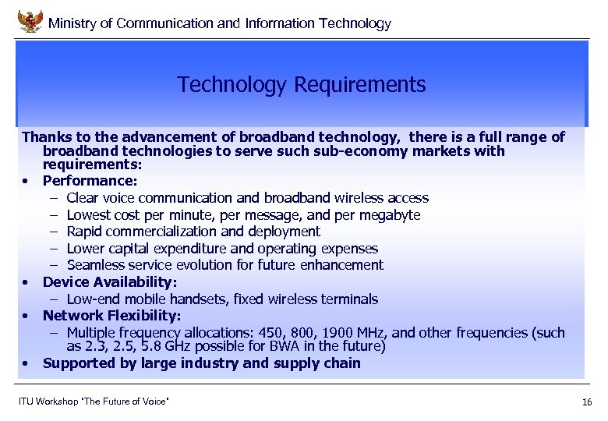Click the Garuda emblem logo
click(30, 20)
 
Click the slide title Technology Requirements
click(301, 84)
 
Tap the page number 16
click(587, 402)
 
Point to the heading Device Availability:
click(110, 281)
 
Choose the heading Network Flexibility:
click(111, 315)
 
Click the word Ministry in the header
click(72, 23)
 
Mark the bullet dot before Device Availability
click(27, 282)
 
